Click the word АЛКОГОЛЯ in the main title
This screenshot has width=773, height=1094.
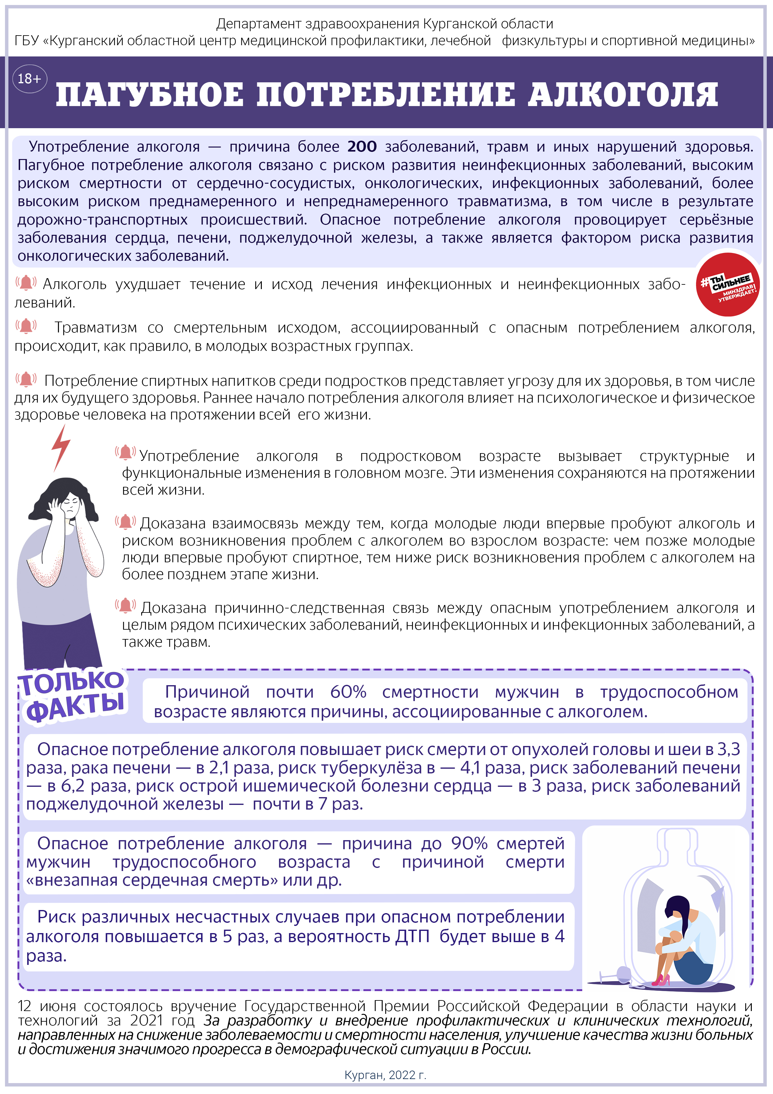[x=622, y=94]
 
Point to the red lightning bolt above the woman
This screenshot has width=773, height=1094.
[x=61, y=447]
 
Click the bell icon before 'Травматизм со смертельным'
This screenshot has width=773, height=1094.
[x=26, y=327]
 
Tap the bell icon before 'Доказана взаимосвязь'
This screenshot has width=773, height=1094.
[x=126, y=522]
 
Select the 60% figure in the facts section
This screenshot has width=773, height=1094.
[x=348, y=692]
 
